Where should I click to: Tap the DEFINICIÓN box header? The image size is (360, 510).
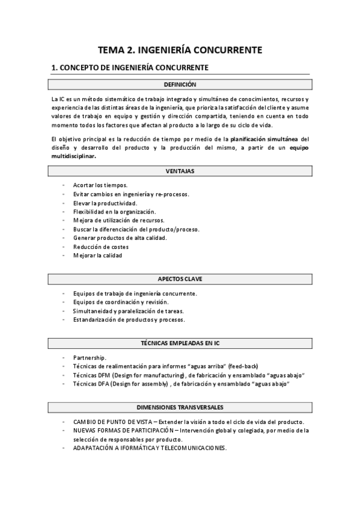(180, 85)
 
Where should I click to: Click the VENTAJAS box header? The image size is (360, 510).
(180, 171)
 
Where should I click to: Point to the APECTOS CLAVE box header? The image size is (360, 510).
(180, 278)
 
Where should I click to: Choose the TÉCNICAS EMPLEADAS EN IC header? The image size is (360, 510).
(180, 343)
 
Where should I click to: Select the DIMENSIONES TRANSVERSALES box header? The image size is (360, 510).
(180, 407)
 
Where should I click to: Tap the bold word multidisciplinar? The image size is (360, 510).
(73, 156)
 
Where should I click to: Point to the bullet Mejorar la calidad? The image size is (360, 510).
(97, 255)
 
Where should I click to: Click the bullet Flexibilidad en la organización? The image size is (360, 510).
(114, 212)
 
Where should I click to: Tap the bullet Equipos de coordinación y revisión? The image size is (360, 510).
(120, 302)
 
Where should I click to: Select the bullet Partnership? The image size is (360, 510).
(90, 357)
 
